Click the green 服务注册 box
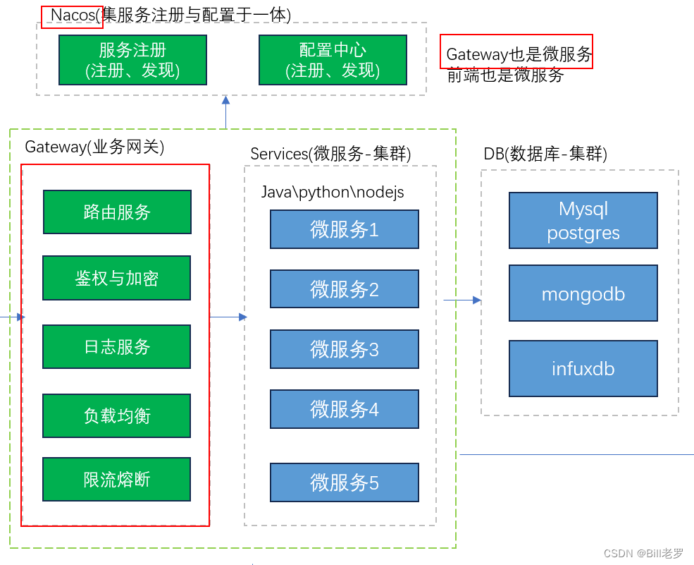tap(132, 60)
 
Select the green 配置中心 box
tap(333, 60)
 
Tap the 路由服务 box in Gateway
tap(117, 212)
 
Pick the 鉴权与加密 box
tap(116, 278)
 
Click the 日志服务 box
tap(116, 346)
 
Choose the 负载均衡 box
tap(116, 415)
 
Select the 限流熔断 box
tap(116, 480)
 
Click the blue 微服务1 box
tap(344, 229)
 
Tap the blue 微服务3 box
tap(344, 349)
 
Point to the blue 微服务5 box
tap(344, 482)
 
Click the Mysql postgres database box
tap(583, 221)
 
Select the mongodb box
tap(583, 293)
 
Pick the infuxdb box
tap(583, 368)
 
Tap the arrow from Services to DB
tap(462, 300)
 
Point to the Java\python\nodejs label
tap(333, 193)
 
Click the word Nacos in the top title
tap(73, 16)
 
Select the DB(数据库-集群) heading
tap(545, 154)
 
